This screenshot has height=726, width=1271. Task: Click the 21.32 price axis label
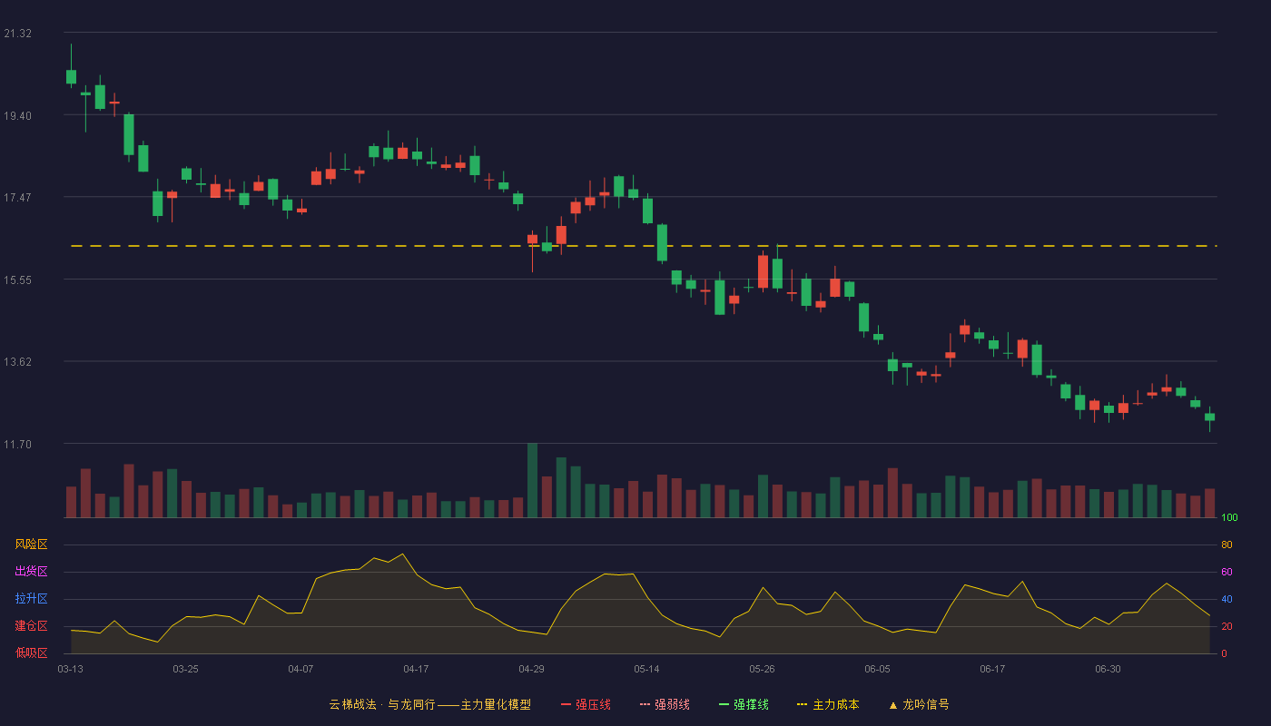17,34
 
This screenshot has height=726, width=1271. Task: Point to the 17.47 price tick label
17,198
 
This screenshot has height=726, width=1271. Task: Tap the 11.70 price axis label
17,444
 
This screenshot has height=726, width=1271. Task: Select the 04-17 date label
416,670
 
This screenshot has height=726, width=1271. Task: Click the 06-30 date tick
1108,670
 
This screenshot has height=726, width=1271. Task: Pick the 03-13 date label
71,670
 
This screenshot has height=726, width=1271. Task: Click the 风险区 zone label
31,544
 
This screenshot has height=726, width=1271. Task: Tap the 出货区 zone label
31,571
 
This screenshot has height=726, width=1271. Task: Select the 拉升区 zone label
31,598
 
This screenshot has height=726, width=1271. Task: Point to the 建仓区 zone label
31,625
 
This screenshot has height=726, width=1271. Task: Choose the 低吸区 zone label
31,652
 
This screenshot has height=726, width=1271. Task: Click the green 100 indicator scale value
1229,517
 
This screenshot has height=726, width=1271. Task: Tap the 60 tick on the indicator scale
1227,572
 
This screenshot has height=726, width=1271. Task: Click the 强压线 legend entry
586,704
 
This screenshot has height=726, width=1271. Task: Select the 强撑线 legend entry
744,704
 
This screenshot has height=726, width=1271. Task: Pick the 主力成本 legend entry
828,704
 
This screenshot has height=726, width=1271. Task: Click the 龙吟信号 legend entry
919,704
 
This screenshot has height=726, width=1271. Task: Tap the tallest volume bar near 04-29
532,480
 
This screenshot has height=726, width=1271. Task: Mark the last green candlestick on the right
1209,418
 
